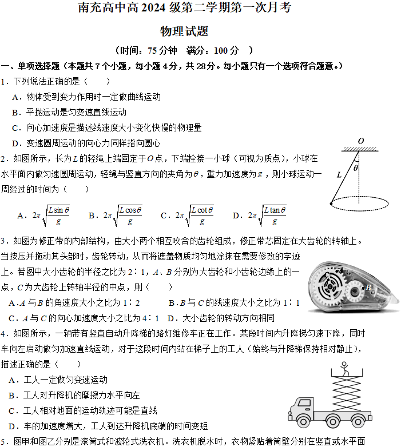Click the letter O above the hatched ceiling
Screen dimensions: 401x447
(361, 141)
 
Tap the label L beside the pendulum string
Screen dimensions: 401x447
(339, 175)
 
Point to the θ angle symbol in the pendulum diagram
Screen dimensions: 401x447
(356, 169)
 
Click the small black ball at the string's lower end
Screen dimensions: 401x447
(331, 203)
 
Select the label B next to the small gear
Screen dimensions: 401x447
(368, 288)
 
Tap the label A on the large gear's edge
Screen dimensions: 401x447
(341, 270)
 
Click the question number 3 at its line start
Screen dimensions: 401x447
(3, 241)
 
